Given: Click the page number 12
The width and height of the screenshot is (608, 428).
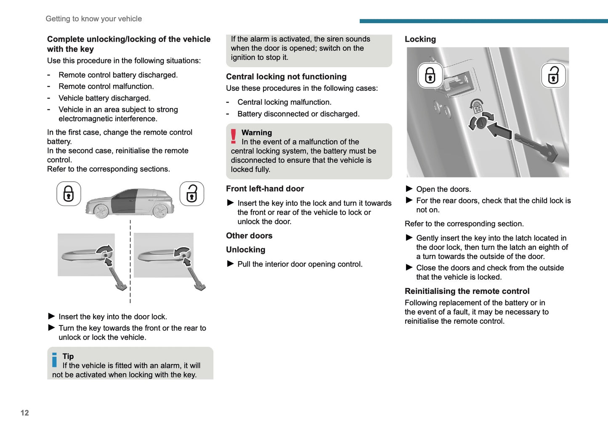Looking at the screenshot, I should [25, 413].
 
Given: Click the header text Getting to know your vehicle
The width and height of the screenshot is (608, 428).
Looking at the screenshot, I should [93, 19].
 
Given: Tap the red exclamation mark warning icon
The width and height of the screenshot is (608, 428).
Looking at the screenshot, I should [233, 137].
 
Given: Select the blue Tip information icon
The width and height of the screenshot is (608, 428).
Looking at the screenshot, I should [54, 360].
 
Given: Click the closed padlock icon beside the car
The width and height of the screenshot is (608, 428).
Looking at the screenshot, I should [69, 194].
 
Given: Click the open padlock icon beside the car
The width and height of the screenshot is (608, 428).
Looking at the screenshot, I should [192, 194].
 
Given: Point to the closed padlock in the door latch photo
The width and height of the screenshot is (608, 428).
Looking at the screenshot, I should [430, 76].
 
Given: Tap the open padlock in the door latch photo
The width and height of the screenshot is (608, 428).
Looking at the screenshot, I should [553, 76].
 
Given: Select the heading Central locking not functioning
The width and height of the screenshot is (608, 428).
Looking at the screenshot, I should [286, 77].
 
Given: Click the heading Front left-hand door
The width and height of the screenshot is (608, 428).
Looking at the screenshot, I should [265, 189].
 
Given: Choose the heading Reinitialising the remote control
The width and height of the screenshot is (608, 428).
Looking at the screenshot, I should [467, 291].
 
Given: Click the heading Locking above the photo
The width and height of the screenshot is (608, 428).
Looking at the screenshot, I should [420, 39].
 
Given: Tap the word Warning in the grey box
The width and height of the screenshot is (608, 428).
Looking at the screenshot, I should [257, 132].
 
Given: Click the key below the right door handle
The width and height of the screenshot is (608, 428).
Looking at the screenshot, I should [196, 278].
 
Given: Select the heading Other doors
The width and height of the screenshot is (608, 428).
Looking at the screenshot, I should [249, 235].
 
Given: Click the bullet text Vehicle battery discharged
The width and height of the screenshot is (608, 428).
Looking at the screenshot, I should [104, 98].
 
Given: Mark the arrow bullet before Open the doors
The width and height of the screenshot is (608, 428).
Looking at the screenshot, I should [409, 189].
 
